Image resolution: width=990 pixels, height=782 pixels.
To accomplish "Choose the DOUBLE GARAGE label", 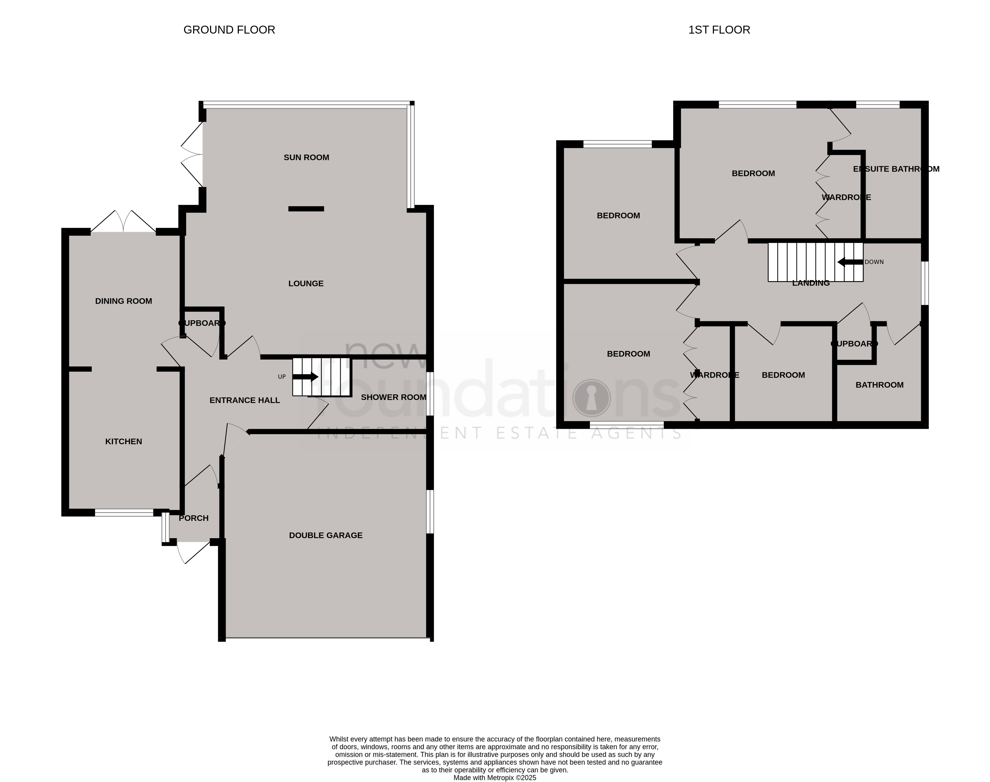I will click(325, 536).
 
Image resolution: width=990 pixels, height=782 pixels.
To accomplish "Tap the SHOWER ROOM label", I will click(393, 397).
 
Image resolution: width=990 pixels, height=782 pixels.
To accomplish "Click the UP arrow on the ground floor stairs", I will click(305, 377).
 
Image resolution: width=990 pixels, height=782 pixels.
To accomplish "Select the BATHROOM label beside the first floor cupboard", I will click(879, 385).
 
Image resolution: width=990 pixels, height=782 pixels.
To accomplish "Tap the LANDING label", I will click(810, 283).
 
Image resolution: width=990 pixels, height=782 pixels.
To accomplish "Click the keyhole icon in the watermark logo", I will click(591, 397).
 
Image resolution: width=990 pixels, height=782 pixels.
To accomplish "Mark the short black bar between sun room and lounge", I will click(306, 209).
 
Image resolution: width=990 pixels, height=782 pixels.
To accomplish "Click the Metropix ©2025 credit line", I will click(495, 777).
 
